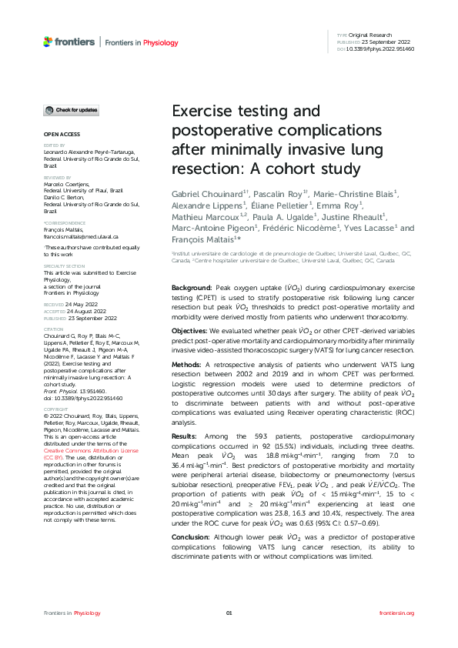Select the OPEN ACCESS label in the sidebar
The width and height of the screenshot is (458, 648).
tap(57, 134)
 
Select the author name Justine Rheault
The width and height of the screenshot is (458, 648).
tap(360, 216)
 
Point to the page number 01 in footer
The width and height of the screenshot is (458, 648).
tap(229, 613)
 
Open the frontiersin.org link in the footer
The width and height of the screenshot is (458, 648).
tap(397, 613)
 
